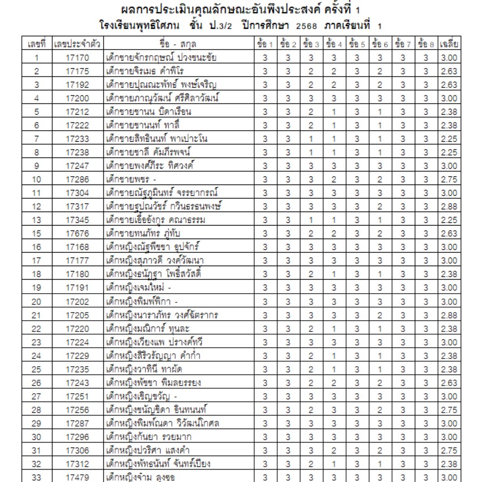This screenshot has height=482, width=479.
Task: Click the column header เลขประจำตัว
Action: tap(77, 44)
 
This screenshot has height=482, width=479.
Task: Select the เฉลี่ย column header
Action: tap(450, 44)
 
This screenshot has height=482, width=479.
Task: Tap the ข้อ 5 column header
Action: tap(357, 44)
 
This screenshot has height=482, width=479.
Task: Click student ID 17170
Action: tap(77, 58)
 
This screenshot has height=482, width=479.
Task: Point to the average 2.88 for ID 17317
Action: tap(450, 207)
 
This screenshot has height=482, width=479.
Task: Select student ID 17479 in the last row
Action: tap(77, 477)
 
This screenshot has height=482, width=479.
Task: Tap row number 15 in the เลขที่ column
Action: tap(36, 234)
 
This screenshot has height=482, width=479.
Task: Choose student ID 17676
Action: tap(77, 234)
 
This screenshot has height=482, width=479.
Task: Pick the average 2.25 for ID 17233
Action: tap(450, 139)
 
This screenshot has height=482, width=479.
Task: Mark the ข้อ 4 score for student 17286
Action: tap(334, 180)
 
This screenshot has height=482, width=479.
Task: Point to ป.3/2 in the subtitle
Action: tap(217, 25)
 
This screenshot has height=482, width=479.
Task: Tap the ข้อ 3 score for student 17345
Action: tap(311, 220)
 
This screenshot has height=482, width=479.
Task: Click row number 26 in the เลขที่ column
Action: tap(36, 382)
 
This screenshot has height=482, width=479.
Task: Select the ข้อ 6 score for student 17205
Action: tap(380, 315)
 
